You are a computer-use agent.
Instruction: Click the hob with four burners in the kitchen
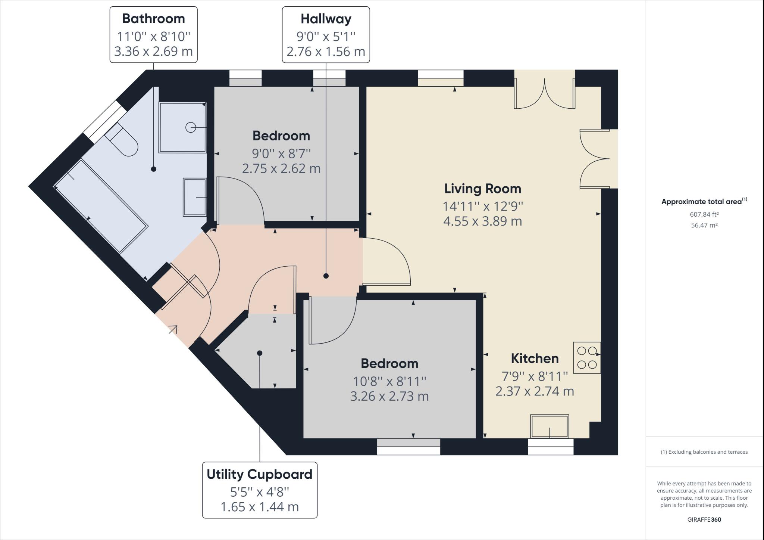click(x=587, y=358)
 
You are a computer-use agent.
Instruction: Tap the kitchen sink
click(x=550, y=426)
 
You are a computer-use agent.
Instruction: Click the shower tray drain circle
click(x=191, y=128)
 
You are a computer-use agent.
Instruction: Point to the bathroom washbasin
click(x=194, y=197)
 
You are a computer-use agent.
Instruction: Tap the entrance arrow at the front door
click(x=173, y=329)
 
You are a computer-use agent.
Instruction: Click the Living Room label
click(x=482, y=189)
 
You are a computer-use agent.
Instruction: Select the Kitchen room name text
click(x=534, y=359)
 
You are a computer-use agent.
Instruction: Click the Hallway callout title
click(x=326, y=19)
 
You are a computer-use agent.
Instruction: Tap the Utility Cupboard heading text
click(x=259, y=474)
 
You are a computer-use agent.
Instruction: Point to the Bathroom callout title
click(x=153, y=19)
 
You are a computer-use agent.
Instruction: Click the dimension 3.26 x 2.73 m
click(x=389, y=396)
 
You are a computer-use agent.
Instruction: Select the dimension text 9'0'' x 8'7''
click(x=281, y=153)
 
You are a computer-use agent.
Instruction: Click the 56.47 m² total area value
click(x=704, y=225)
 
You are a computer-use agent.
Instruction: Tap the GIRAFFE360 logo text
click(x=704, y=519)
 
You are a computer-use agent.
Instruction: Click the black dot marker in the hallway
click(x=326, y=276)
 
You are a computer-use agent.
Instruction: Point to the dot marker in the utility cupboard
click(x=260, y=353)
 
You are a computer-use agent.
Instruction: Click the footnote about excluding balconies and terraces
click(x=704, y=452)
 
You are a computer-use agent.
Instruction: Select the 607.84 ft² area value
click(x=704, y=214)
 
